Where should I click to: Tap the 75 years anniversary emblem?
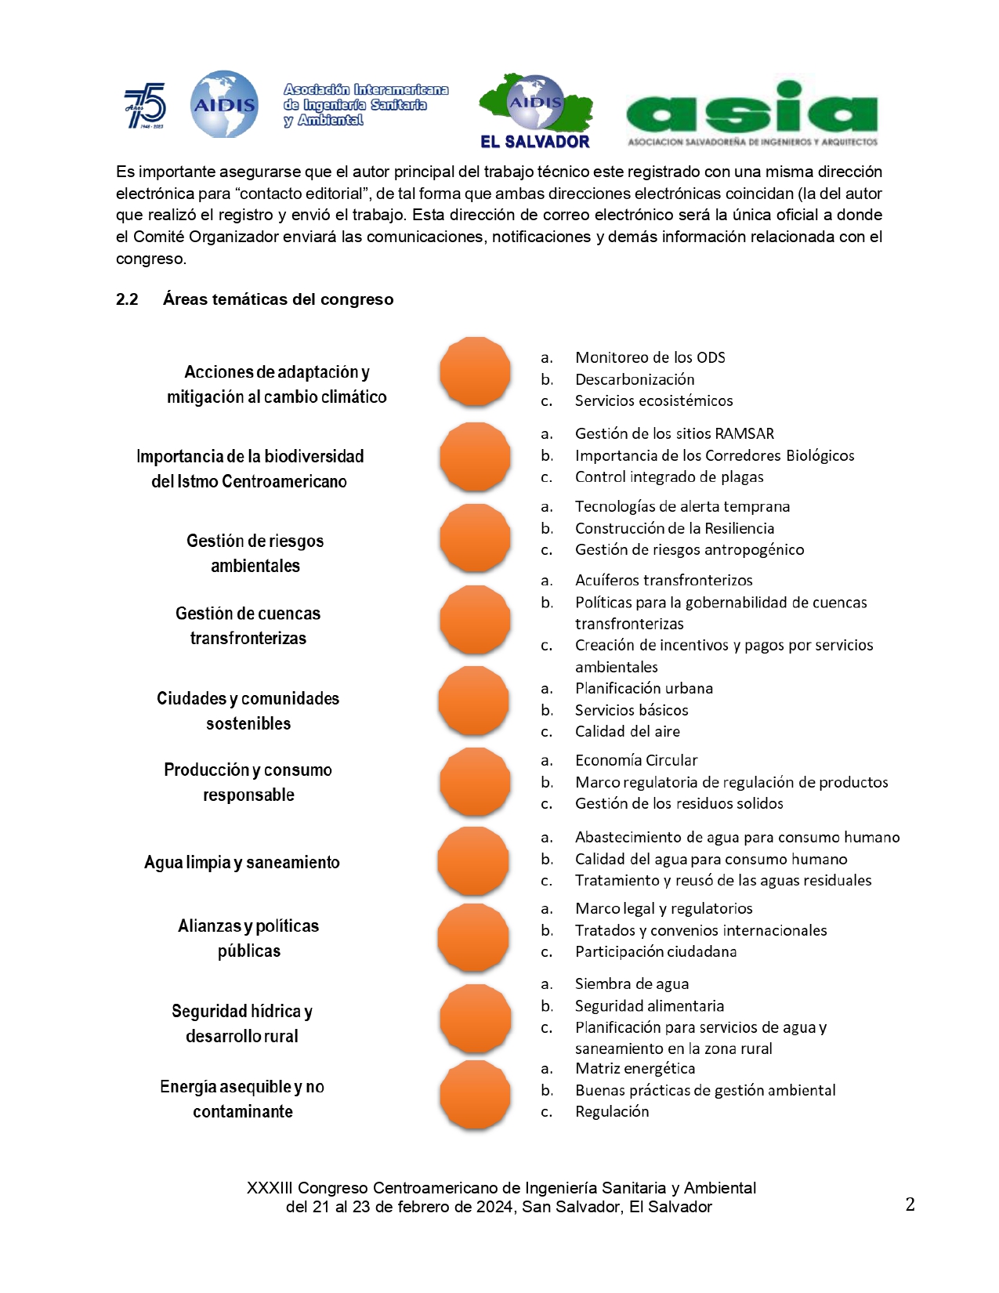[146, 105]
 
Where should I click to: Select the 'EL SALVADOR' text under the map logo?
[535, 142]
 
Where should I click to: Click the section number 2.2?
[127, 299]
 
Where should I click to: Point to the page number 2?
[910, 1204]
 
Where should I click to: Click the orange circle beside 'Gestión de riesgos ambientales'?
[475, 538]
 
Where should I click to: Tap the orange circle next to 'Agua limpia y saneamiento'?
[473, 860]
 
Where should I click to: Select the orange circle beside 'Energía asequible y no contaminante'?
[475, 1095]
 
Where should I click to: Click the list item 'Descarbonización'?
[635, 379]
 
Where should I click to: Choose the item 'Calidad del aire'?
[627, 731]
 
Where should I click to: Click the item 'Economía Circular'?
[635, 760]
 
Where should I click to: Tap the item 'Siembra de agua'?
[632, 983]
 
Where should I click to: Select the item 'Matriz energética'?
[635, 1068]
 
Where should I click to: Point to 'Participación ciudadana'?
[656, 951]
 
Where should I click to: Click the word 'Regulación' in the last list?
[612, 1111]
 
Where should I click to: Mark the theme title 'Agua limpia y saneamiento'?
[241, 862]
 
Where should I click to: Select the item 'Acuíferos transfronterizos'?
[664, 580]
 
